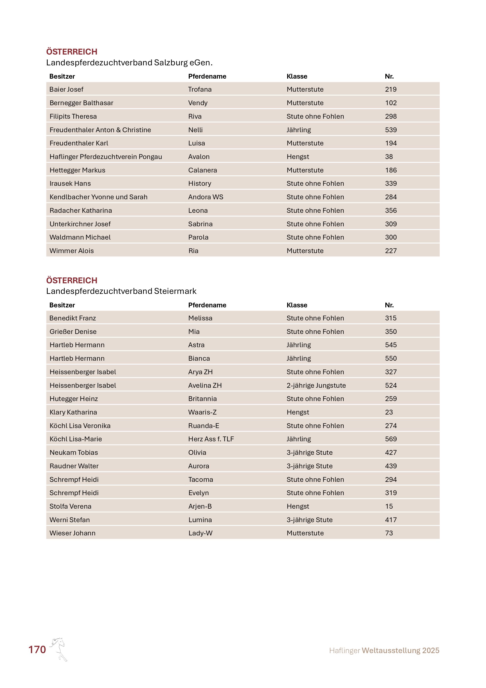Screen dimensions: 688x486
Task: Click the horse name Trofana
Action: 200,89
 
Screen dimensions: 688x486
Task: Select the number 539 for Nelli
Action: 391,130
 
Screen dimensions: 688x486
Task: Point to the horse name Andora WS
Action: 206,197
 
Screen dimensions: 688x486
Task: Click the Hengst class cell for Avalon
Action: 297,157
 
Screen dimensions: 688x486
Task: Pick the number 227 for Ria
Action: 391,251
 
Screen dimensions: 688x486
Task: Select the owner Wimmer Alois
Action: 71,251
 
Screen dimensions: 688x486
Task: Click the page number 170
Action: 37,649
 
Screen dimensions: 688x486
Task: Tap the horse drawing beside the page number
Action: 59,649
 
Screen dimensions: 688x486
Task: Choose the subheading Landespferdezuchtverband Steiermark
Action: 121,291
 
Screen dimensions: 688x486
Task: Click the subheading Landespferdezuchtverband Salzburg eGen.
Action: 129,63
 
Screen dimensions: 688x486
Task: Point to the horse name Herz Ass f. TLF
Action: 211,439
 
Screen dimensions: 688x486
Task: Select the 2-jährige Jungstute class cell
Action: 316,385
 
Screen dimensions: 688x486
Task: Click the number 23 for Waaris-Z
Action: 389,412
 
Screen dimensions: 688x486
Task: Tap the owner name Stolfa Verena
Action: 70,506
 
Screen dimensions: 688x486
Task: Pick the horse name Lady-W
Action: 200,533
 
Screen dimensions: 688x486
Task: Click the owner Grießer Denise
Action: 73,332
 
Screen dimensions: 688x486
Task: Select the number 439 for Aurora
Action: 391,466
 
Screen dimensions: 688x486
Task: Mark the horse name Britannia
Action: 202,399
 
